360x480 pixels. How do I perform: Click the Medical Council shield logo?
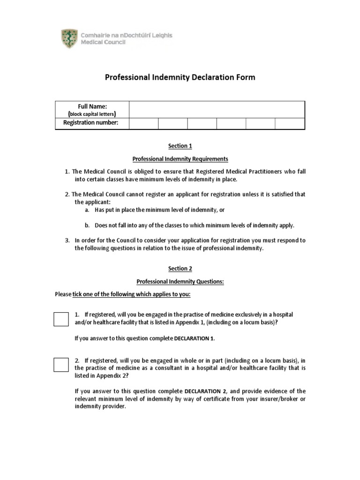point(69,38)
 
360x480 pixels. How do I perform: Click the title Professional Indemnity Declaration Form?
point(180,77)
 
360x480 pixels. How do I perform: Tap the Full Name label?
point(92,106)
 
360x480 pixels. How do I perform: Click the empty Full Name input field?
point(217,109)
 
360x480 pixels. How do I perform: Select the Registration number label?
point(91,123)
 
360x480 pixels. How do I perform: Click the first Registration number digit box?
point(143,123)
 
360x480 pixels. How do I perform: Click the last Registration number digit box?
point(290,123)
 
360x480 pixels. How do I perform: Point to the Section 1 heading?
point(180,146)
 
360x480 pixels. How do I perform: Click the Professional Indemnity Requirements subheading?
point(180,159)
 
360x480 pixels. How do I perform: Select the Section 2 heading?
point(180,269)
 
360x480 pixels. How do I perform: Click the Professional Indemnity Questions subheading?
point(180,282)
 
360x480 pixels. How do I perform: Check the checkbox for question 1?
point(61,318)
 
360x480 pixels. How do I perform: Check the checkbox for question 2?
point(61,364)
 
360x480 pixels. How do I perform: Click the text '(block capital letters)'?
point(92,114)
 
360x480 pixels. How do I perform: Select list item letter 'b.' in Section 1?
point(88,225)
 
